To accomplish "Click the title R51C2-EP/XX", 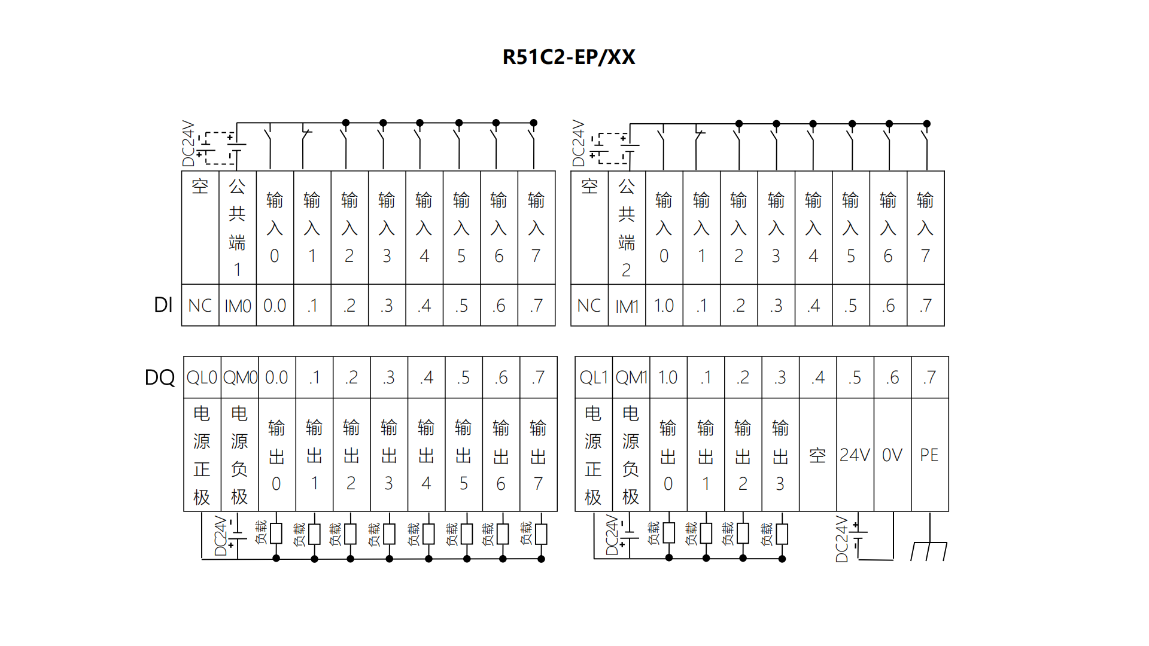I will tap(569, 57).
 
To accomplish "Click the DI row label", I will tap(163, 305).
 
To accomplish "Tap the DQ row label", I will tap(160, 377).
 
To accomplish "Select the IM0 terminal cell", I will tap(238, 306).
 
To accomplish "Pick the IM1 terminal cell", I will tap(627, 306).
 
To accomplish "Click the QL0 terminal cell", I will tap(202, 377).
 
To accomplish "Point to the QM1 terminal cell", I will tap(631, 377).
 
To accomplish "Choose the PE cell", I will tap(929, 455).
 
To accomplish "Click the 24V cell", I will tap(855, 455).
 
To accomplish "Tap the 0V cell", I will tap(892, 455).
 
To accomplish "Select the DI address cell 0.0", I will tap(275, 306).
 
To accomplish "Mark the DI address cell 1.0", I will tap(664, 306).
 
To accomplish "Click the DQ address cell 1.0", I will tap(668, 377).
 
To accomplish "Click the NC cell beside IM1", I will tap(589, 306).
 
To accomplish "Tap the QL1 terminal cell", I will tap(593, 377).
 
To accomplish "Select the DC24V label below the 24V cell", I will tap(842, 539).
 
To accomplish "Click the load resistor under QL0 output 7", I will tap(541, 534).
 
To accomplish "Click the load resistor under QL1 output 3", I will tap(782, 534).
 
